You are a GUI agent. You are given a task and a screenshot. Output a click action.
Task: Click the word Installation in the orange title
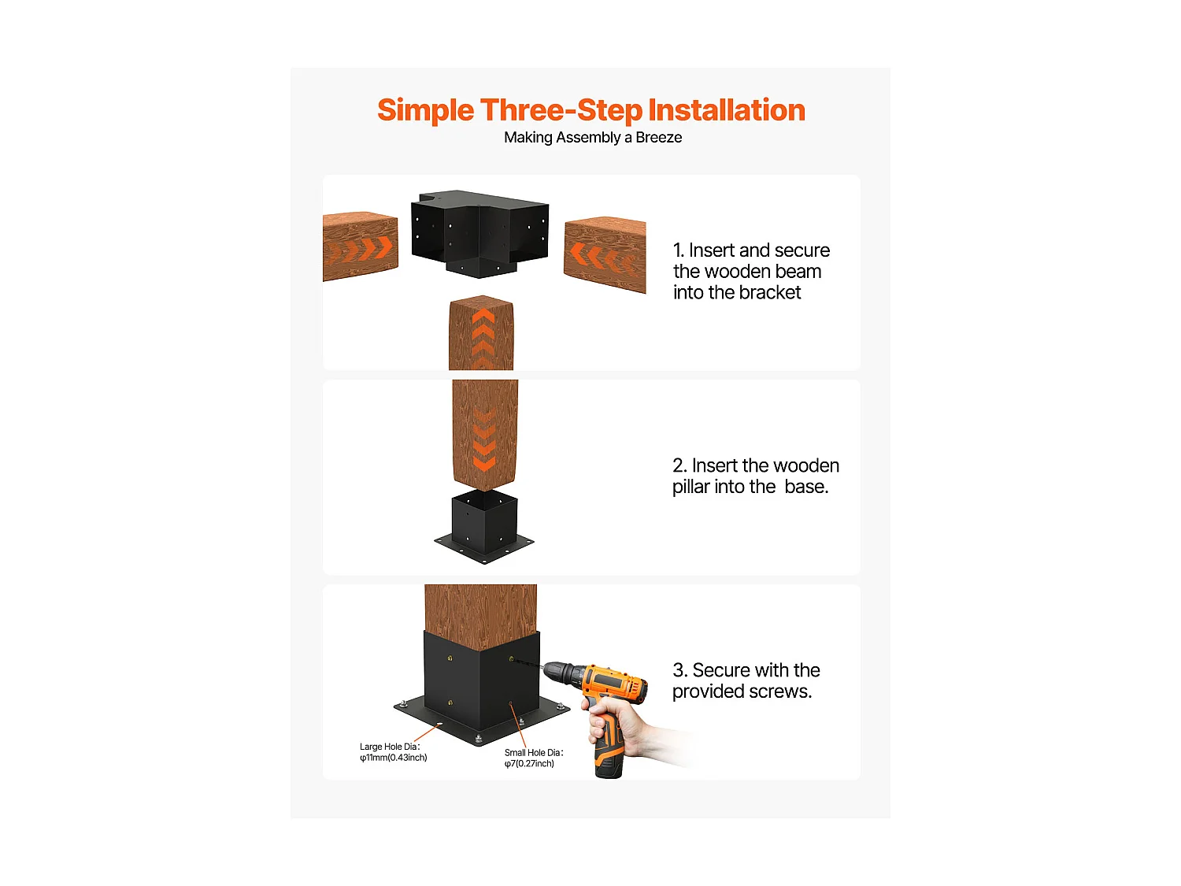[x=726, y=109]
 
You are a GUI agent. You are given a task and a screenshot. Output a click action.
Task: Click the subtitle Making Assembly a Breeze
[x=592, y=138]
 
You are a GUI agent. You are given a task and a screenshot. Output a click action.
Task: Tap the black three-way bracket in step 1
[x=479, y=233]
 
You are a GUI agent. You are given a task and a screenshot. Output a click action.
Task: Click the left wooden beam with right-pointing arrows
[x=360, y=247]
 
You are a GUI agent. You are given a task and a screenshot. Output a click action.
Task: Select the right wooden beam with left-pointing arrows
[x=604, y=254]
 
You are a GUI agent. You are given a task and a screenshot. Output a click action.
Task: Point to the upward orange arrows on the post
[x=483, y=338]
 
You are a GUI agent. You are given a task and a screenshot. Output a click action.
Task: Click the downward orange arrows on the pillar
[x=483, y=439]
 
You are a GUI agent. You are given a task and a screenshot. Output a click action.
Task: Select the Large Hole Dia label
[x=393, y=752]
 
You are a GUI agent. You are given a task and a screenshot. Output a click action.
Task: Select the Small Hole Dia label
[x=533, y=758]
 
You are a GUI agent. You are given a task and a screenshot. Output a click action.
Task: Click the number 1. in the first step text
[x=678, y=250]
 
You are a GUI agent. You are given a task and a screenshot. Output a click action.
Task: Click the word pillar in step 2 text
[x=690, y=487]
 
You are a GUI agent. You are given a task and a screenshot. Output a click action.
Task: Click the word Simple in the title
[x=426, y=110]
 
